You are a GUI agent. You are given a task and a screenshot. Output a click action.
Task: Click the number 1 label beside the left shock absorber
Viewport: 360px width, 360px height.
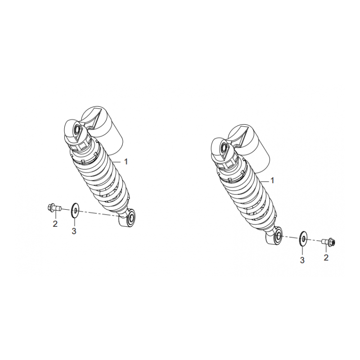[x=126, y=162]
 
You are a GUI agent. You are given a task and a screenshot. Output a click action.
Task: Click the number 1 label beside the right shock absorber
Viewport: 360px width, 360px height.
[x=272, y=181]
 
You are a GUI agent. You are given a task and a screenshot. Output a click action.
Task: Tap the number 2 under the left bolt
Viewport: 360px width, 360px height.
[x=55, y=224]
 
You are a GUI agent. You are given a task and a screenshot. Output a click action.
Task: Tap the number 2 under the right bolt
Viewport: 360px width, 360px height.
[x=326, y=257]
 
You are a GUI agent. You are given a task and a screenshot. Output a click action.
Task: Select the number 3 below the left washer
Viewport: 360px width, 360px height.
[x=74, y=231]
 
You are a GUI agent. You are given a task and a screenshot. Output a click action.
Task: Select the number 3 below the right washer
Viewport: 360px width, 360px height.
[x=302, y=261]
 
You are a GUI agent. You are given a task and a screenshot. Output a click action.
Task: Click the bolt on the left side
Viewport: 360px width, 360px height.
[x=54, y=208]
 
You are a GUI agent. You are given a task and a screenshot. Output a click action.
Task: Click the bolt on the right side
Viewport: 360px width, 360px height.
[x=329, y=242]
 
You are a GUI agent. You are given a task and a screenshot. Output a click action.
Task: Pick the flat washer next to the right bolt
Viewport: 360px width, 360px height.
[x=303, y=239]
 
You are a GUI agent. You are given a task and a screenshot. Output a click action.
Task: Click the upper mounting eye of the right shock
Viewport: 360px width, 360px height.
[x=223, y=147]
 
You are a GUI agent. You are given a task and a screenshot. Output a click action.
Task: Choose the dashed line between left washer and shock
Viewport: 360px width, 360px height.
[x=99, y=213]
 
